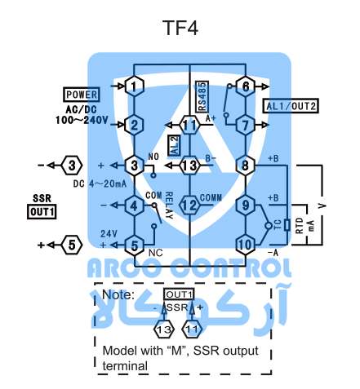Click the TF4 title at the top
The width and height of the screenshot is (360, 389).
pyautogui.click(x=180, y=28)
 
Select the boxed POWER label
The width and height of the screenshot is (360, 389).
pyautogui.click(x=82, y=95)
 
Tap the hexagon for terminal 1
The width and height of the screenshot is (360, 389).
pyautogui.click(x=134, y=86)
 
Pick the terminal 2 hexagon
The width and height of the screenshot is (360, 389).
pyautogui.click(x=134, y=125)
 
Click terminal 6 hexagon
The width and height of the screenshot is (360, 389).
pyautogui.click(x=246, y=86)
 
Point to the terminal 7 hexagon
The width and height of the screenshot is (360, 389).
pyautogui.click(x=246, y=125)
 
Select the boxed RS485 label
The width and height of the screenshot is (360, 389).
pyautogui.click(x=202, y=96)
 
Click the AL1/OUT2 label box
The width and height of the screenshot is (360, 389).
pyautogui.click(x=291, y=106)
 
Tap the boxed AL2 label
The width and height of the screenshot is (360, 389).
pyautogui.click(x=174, y=146)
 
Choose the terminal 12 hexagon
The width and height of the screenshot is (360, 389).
pyautogui.click(x=189, y=206)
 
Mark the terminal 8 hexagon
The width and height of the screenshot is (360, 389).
pyautogui.click(x=246, y=166)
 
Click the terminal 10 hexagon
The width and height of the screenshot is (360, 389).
pyautogui.click(x=246, y=245)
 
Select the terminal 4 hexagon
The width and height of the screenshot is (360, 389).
pyautogui.click(x=134, y=206)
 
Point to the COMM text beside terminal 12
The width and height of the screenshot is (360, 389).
pyautogui.click(x=211, y=198)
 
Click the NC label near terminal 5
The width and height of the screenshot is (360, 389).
pyautogui.click(x=156, y=253)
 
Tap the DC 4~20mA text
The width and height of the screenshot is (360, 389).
pyautogui.click(x=100, y=184)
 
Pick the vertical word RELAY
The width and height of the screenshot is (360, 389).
pyautogui.click(x=169, y=206)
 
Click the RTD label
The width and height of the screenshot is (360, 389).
pyautogui.click(x=300, y=225)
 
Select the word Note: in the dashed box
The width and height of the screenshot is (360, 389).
pyautogui.click(x=118, y=294)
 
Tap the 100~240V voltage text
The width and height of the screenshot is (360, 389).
pyautogui.click(x=82, y=120)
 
